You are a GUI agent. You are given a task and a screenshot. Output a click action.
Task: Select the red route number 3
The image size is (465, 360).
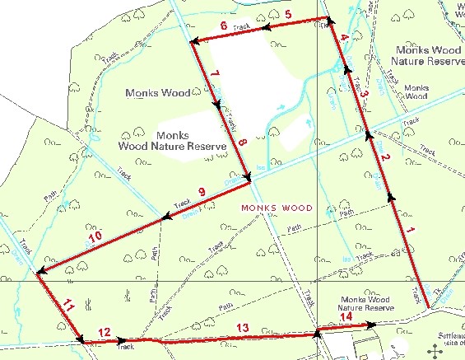(x=364, y=93)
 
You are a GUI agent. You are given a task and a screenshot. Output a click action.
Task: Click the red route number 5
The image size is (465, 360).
(x=288, y=15)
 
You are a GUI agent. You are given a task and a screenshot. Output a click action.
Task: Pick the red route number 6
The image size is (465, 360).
(x=224, y=26)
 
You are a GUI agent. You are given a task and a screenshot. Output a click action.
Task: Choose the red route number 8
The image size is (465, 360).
(x=242, y=143)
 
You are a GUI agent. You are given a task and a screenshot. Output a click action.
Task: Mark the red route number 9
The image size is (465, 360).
(x=200, y=194)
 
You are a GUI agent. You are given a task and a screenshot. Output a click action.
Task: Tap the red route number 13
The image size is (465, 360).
(x=242, y=328)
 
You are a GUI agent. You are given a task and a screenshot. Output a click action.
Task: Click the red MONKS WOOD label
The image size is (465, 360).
(x=276, y=208)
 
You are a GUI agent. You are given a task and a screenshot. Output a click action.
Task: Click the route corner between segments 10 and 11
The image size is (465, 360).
(x=37, y=273)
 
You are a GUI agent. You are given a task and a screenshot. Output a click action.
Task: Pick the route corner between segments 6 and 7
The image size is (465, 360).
(x=191, y=42)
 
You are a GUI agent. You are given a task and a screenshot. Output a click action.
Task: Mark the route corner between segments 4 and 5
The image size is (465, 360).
(x=329, y=19)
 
